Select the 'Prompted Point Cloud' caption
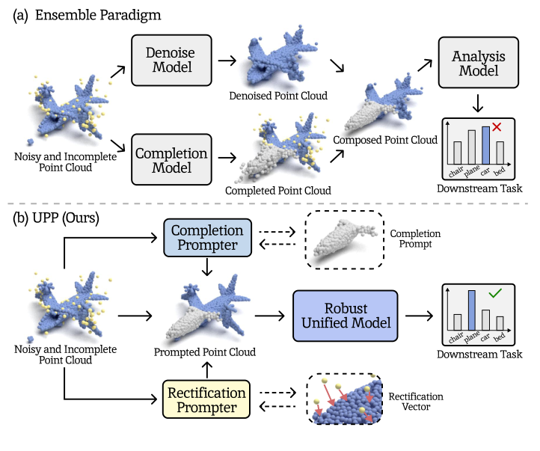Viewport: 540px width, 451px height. tap(205, 352)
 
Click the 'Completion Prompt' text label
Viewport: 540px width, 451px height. tap(415, 239)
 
